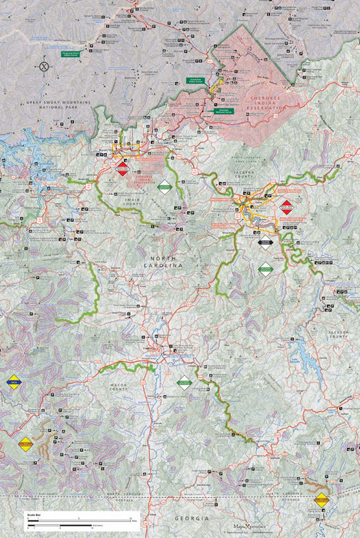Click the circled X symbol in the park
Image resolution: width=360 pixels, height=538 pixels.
click(x=44, y=66)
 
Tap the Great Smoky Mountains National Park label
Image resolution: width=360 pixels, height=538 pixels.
click(x=58, y=105)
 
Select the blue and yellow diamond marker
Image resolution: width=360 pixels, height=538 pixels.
click(x=13, y=380)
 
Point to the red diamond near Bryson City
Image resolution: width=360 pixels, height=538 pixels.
click(x=122, y=169)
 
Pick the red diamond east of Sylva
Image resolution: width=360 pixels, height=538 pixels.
click(x=286, y=205)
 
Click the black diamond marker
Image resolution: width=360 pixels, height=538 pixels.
click(x=265, y=242)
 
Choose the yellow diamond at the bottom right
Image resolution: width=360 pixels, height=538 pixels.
click(x=321, y=500)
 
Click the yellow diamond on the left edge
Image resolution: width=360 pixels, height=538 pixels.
click(x=25, y=443)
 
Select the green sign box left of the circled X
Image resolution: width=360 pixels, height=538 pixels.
click(x=72, y=54)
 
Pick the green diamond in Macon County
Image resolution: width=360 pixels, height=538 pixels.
click(x=184, y=382)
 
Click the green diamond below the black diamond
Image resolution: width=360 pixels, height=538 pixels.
click(x=265, y=268)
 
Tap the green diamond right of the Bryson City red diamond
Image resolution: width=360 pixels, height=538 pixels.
click(x=165, y=186)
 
